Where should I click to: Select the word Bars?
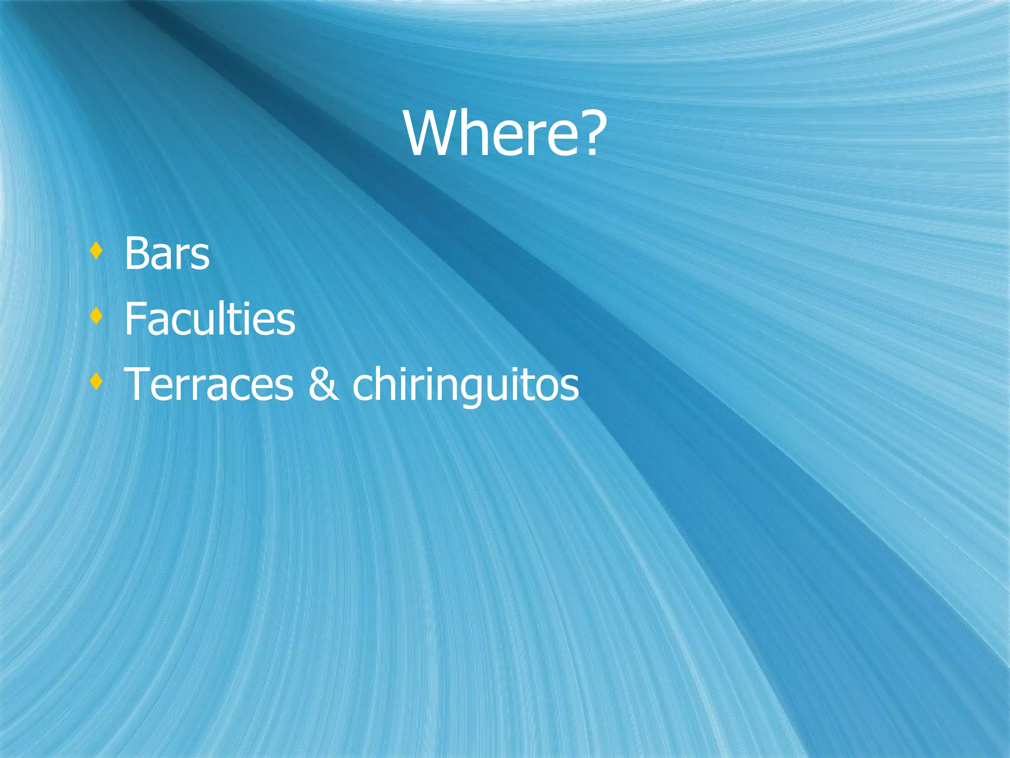tap(167, 254)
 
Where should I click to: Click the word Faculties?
tap(210, 319)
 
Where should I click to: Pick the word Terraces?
tap(209, 384)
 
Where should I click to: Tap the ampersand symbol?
tap(323, 384)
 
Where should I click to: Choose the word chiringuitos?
tap(466, 384)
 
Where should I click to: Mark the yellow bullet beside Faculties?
tap(96, 316)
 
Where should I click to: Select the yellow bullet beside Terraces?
tap(96, 381)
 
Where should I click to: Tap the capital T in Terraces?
tap(138, 384)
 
